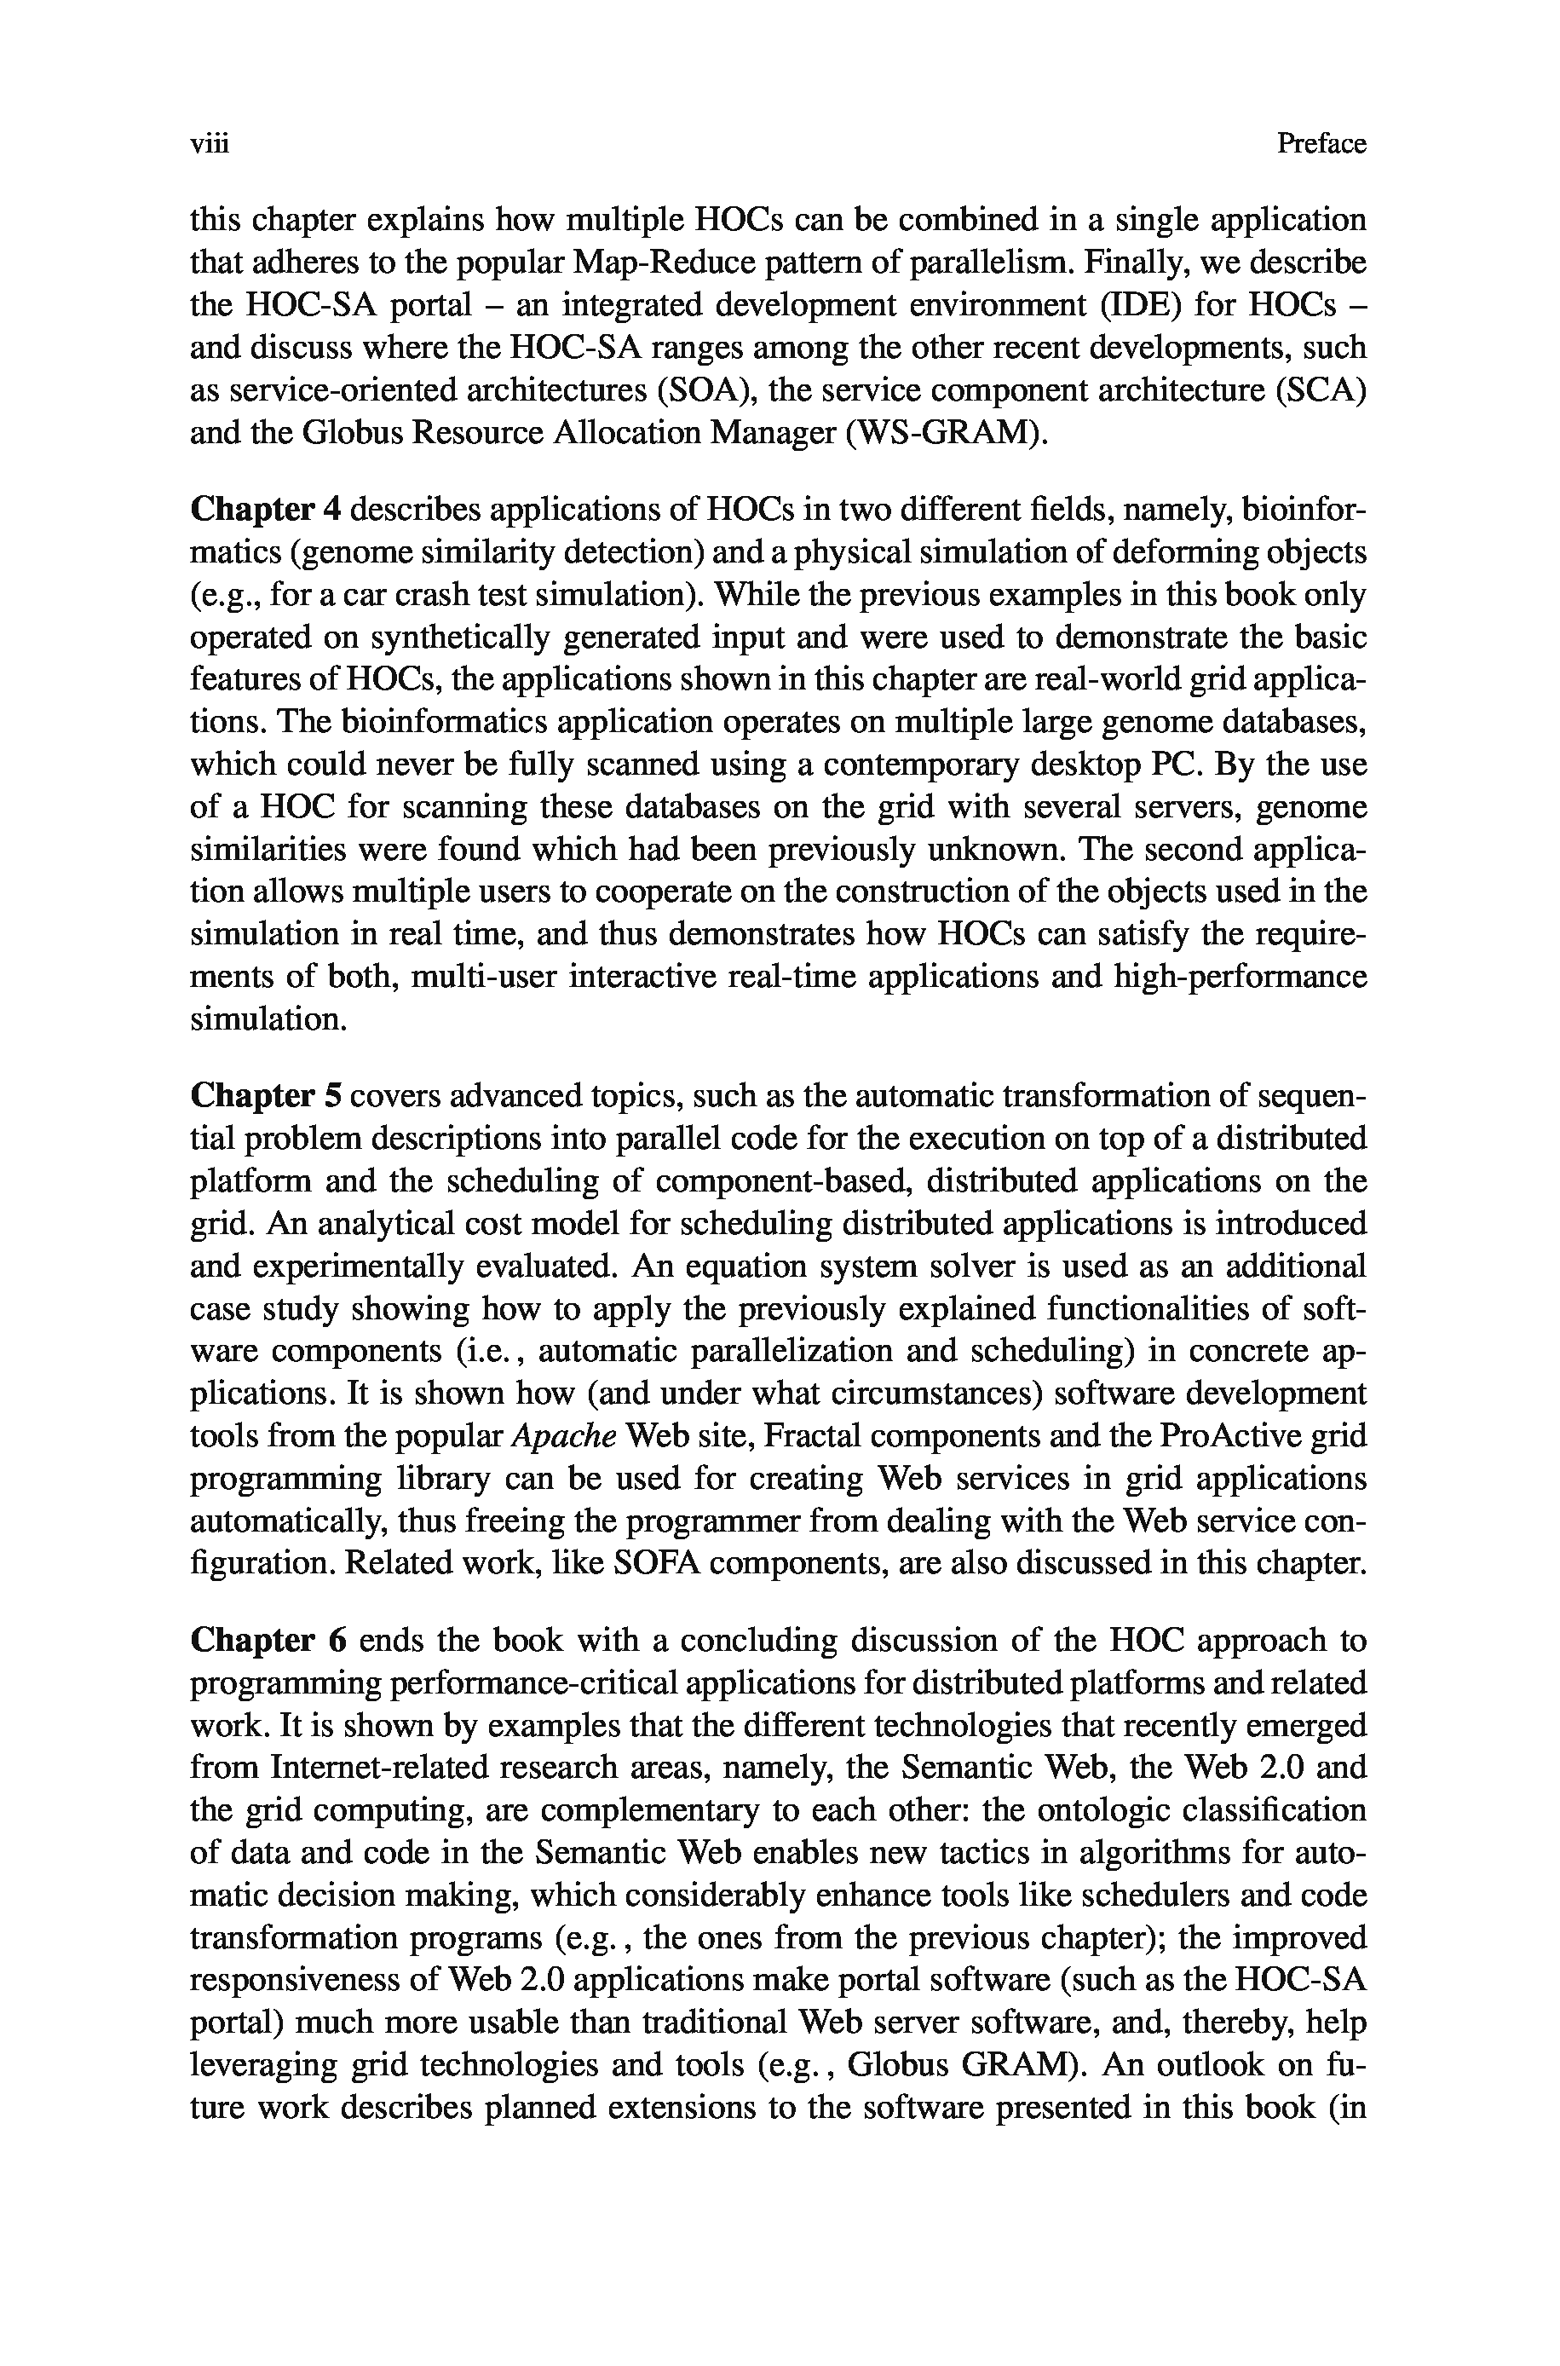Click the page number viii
tap(209, 144)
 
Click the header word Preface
tap(1321, 144)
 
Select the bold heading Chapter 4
tap(266, 510)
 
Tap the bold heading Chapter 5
tap(266, 1095)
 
